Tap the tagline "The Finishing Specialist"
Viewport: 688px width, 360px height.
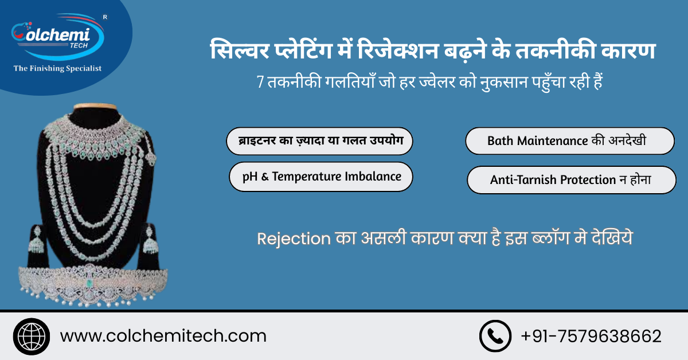57,68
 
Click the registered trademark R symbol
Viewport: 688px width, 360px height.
104,17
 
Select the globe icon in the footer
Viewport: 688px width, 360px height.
31,335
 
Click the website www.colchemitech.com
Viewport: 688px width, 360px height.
163,335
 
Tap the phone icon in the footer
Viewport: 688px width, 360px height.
495,335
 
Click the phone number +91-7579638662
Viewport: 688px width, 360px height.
591,335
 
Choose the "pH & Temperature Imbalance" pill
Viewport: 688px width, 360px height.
321,177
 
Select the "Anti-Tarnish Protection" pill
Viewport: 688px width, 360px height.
571,180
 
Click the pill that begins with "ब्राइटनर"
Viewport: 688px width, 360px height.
318,141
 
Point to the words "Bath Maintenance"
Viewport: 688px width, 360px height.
537,140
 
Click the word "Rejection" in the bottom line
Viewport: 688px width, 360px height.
294,238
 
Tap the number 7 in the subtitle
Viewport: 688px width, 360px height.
260,82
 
